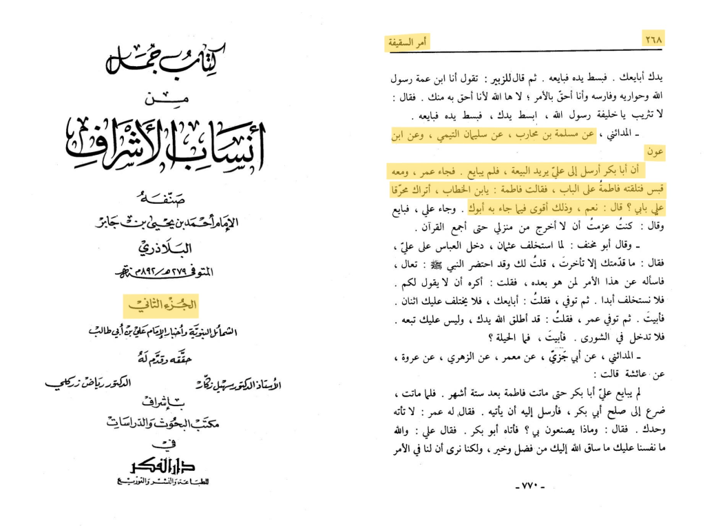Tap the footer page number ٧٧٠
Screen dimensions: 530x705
pyautogui.click(x=530, y=487)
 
